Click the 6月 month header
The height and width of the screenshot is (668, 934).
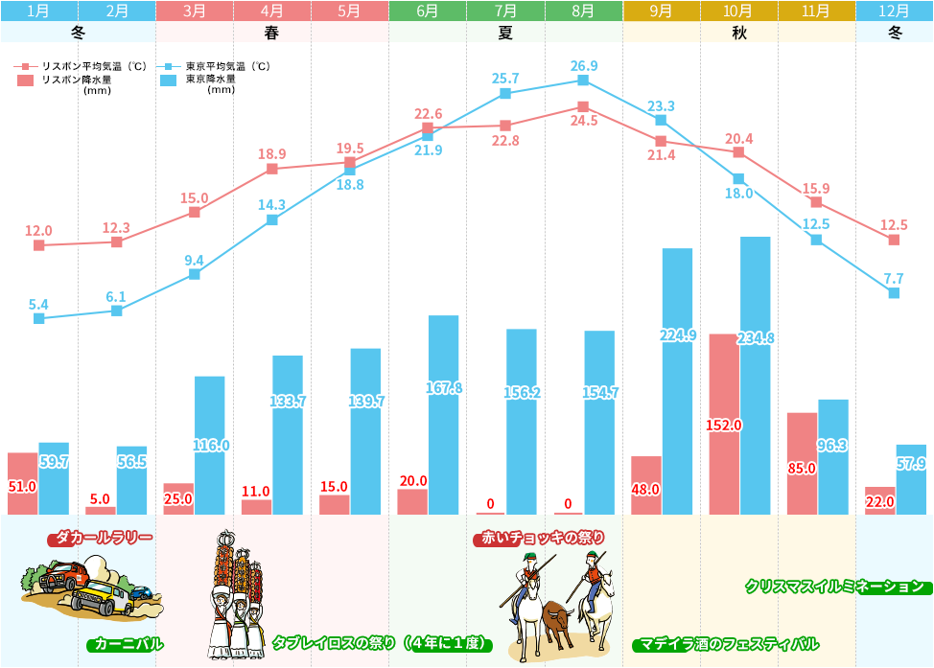coord(428,12)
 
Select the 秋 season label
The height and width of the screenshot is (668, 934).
coord(738,31)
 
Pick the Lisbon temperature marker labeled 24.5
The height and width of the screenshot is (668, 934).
coord(583,106)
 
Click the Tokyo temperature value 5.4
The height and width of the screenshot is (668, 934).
coord(38,305)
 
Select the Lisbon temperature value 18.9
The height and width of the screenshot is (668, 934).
coord(272,153)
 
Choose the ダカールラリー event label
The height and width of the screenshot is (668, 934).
coord(101,539)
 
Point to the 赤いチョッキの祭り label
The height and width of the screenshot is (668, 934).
coord(539,539)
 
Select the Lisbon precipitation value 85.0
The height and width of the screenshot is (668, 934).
coord(802,469)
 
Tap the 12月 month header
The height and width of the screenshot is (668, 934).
coord(894,12)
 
